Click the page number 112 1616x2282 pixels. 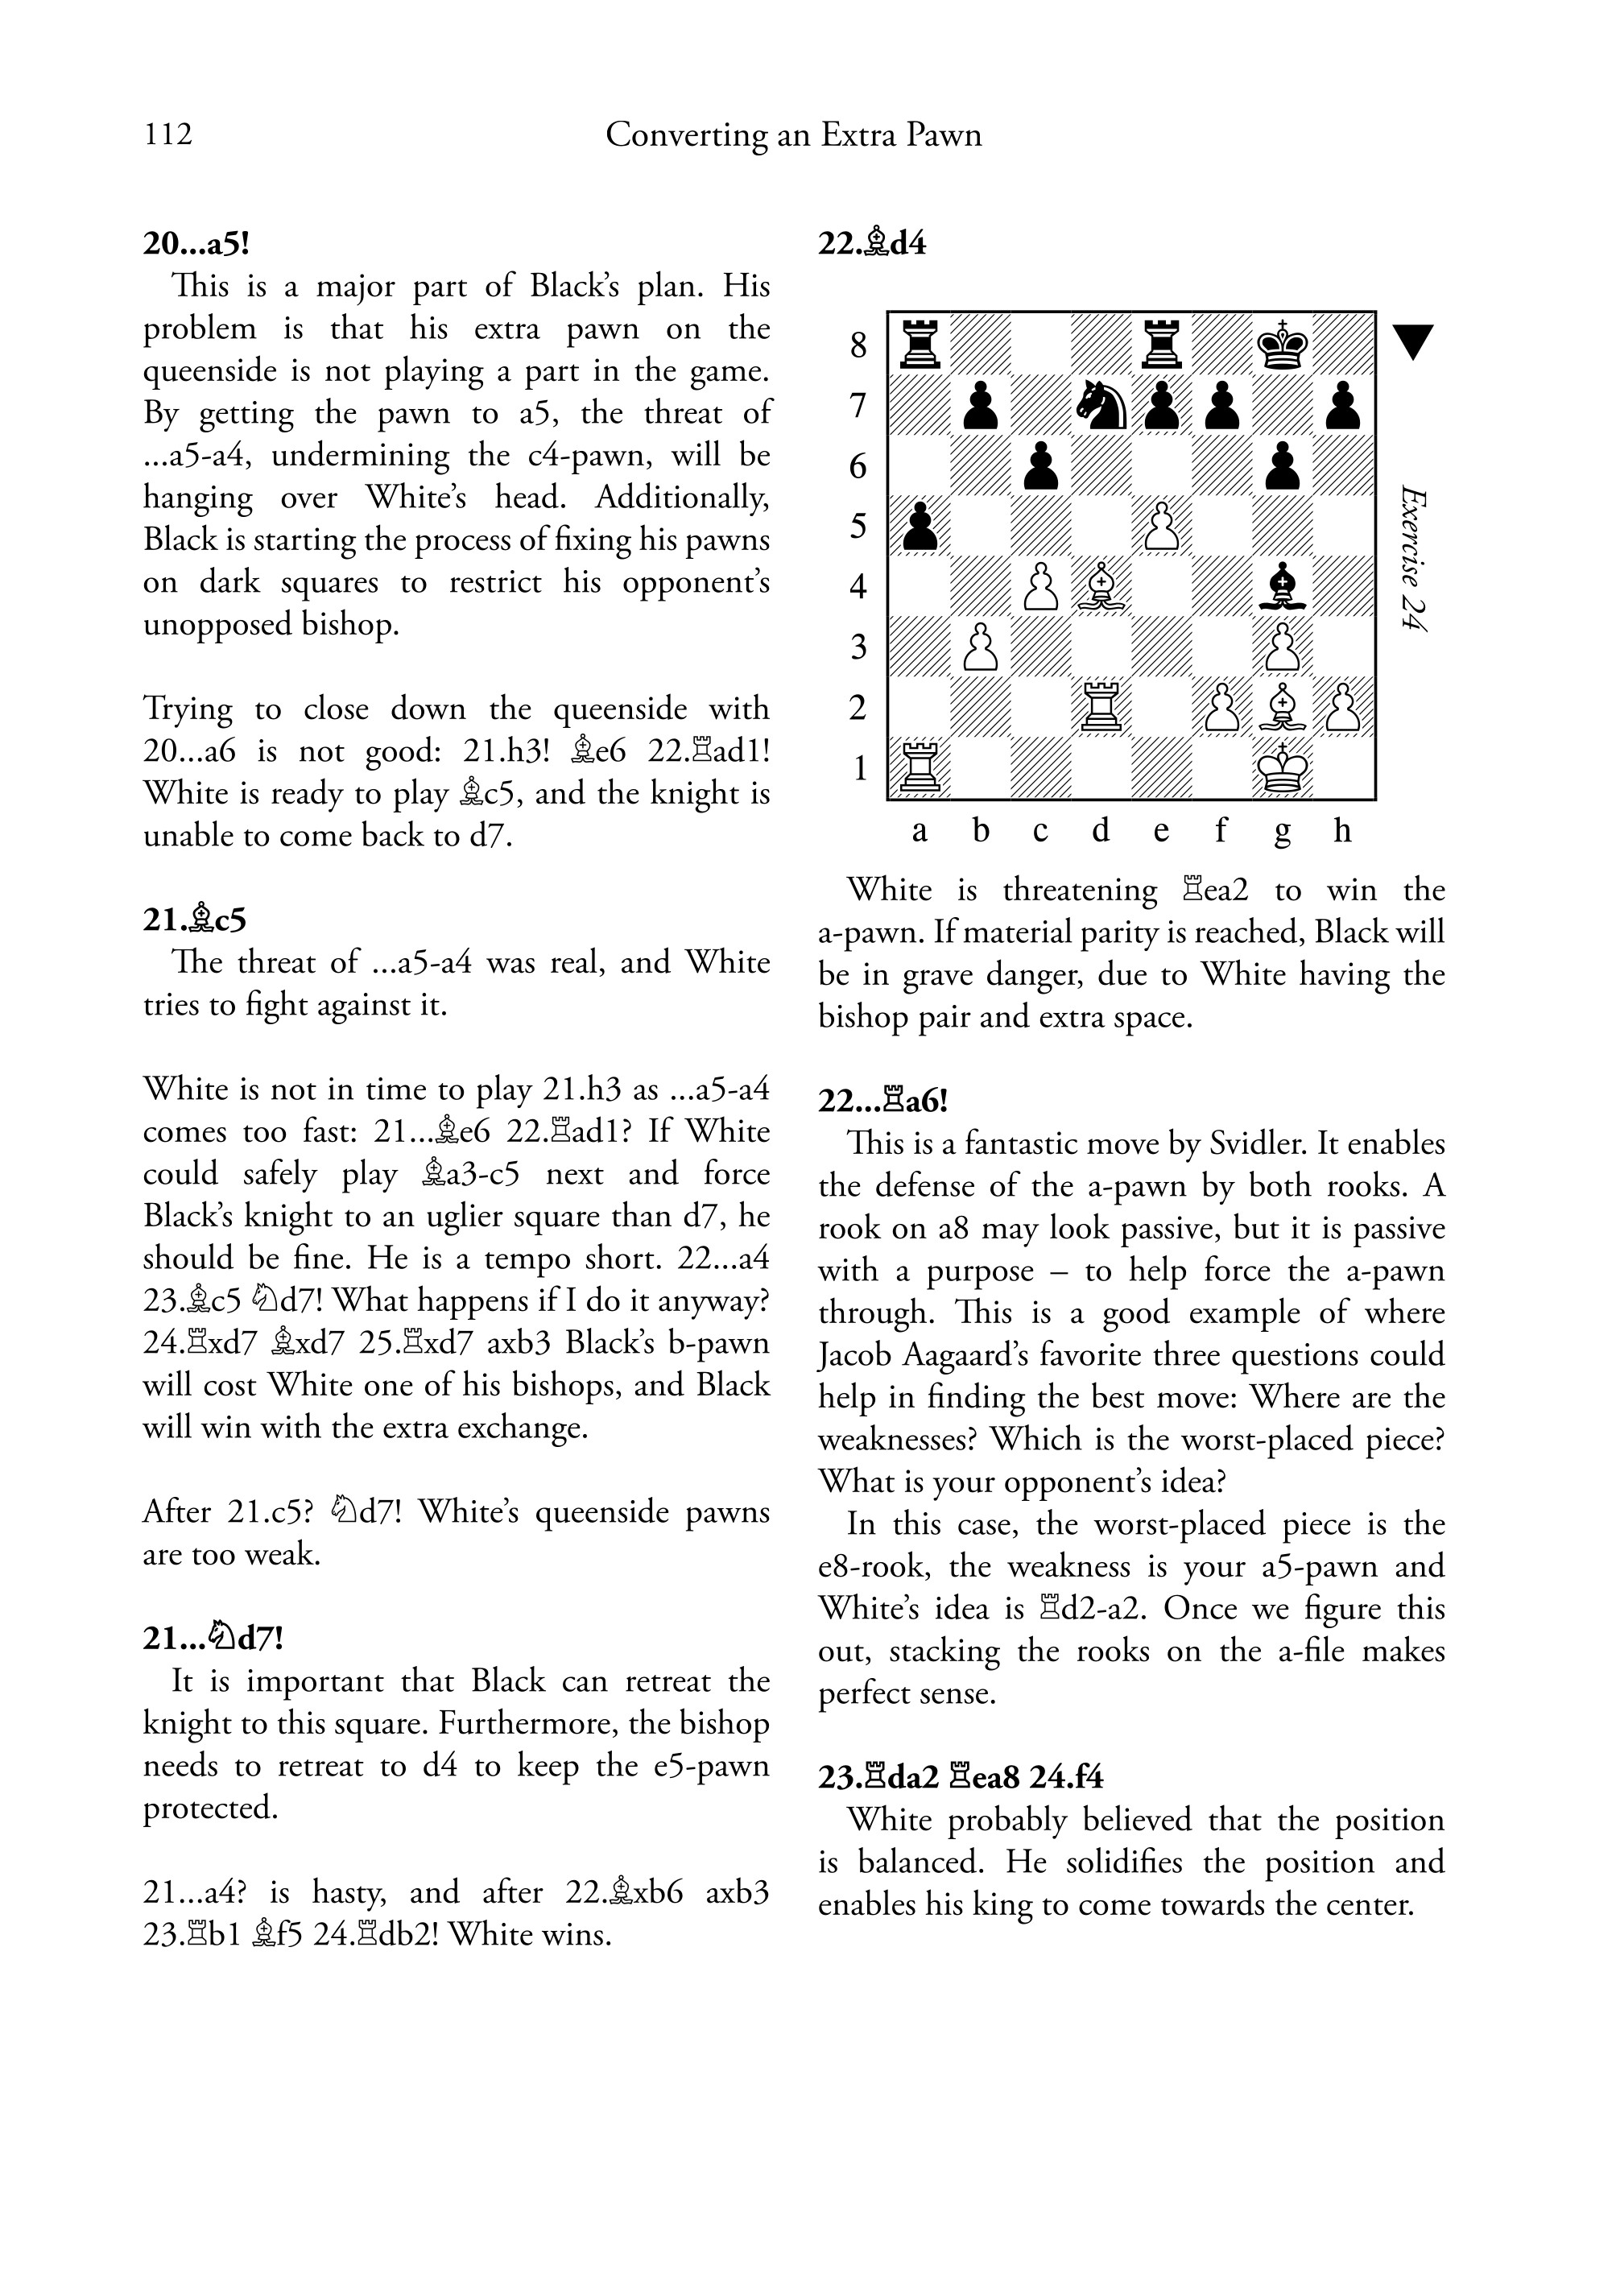[x=168, y=134]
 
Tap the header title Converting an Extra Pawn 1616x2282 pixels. [x=793, y=134]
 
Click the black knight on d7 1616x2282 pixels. [x=1101, y=405]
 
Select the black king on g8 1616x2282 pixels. [x=1283, y=345]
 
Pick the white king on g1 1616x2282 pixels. [x=1283, y=767]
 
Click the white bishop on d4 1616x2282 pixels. [x=1101, y=586]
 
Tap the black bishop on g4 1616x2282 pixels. [x=1283, y=586]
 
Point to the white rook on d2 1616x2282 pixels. [x=1101, y=708]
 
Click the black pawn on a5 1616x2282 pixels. [x=920, y=527]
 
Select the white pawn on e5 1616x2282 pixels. [x=1162, y=527]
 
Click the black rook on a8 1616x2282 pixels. [x=920, y=345]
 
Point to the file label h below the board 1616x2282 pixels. [x=1342, y=829]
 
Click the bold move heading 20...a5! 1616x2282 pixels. [x=195, y=244]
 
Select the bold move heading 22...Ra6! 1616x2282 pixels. [x=882, y=1101]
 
